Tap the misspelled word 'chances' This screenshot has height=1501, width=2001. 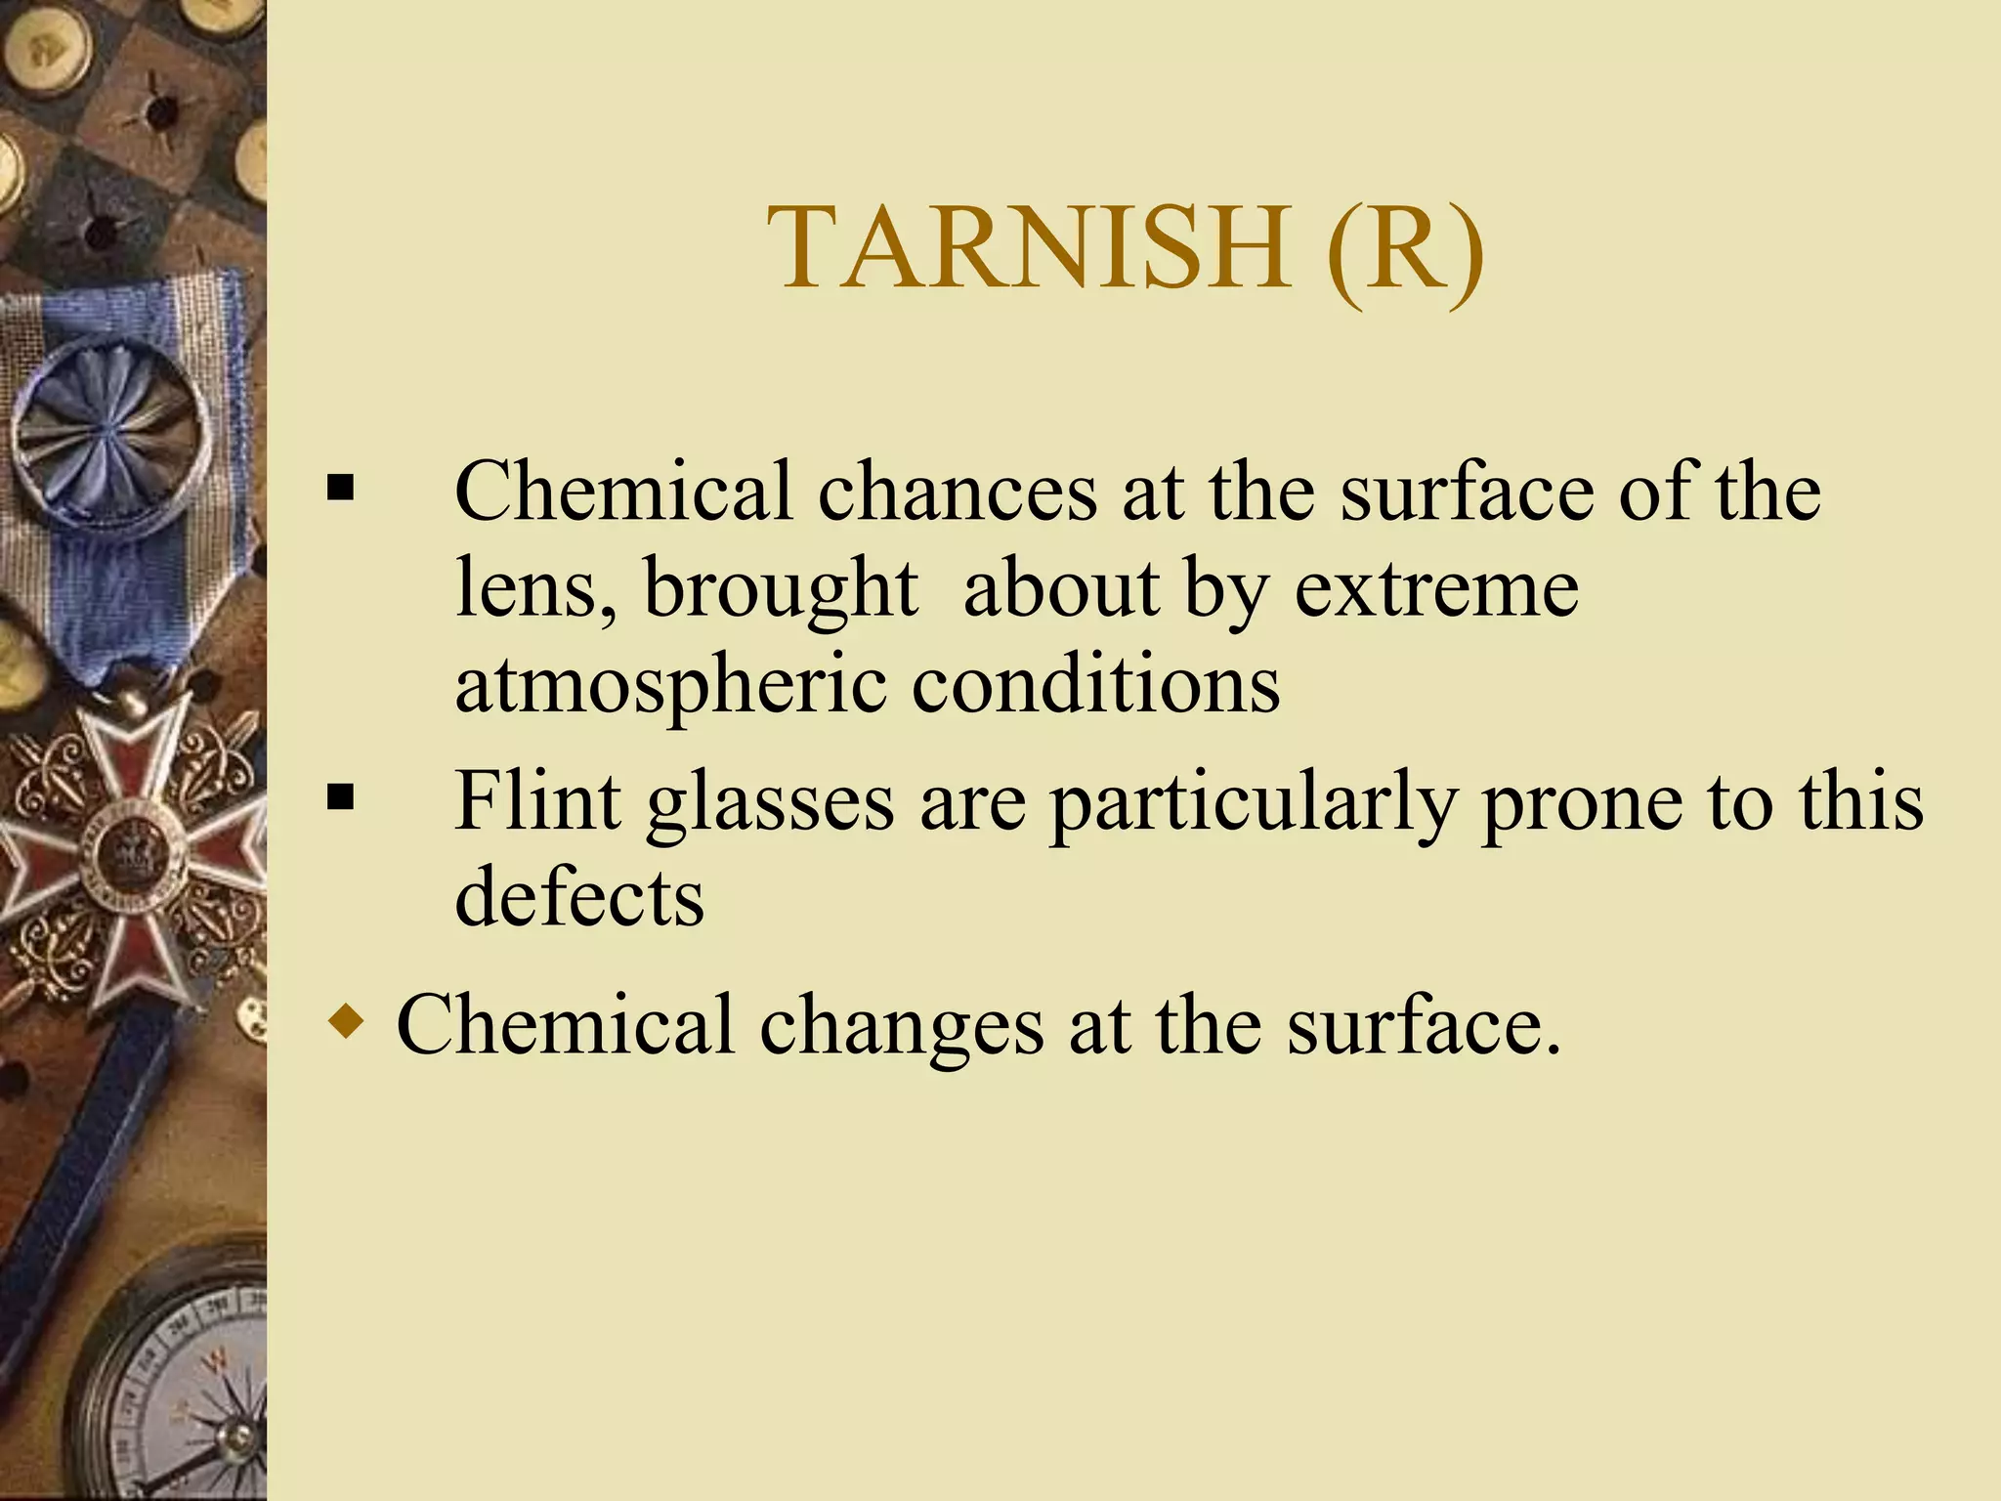957,492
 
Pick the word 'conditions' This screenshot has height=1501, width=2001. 1094,683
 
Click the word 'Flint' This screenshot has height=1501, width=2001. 537,800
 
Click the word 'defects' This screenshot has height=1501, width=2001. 579,896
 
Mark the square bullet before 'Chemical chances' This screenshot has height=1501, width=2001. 340,487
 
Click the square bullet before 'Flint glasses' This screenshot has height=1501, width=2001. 340,797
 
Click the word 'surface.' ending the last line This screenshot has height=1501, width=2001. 1423,1026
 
